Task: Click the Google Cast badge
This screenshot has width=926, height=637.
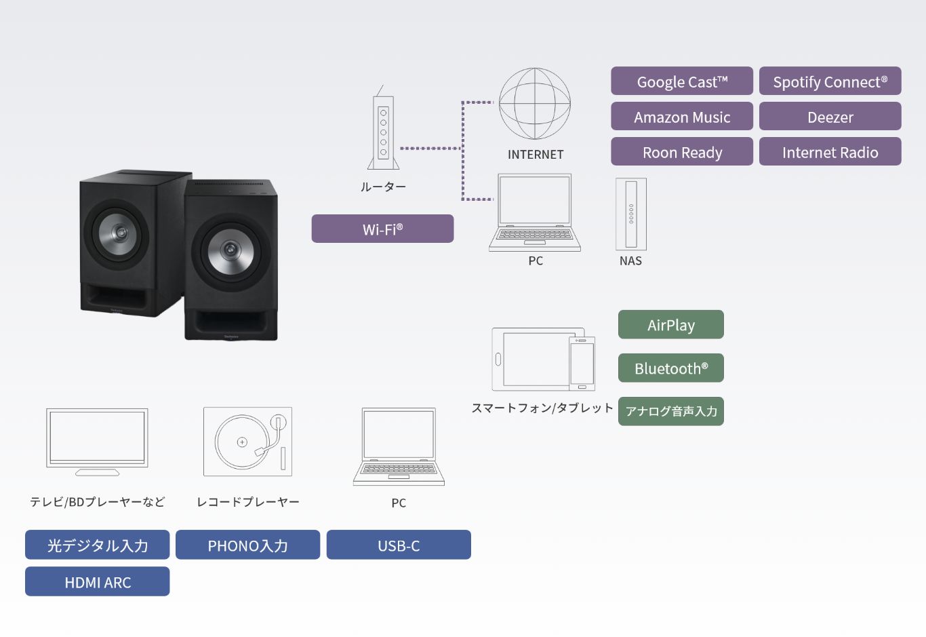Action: tap(682, 81)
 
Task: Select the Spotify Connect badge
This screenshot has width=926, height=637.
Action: tap(830, 81)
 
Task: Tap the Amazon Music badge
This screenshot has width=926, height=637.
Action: tap(682, 116)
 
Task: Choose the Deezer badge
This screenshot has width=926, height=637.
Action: tap(830, 116)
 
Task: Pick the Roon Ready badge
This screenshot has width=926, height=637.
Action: tap(682, 151)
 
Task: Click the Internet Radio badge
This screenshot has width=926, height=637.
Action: tap(830, 151)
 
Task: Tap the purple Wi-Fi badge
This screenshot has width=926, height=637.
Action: tap(382, 229)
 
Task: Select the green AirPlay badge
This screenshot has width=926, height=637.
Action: tap(671, 325)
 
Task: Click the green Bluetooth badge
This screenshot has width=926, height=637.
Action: tap(671, 368)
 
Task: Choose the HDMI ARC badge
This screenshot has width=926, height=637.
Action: tap(97, 581)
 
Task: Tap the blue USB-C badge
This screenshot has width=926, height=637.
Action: tap(399, 545)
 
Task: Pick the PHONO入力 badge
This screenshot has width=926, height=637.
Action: tap(247, 545)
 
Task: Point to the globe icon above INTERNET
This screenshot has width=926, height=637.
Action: tap(534, 103)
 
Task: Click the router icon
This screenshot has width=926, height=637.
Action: tap(383, 128)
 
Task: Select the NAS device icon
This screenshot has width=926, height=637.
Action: tap(631, 214)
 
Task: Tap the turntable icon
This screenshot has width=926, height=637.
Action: tap(247, 442)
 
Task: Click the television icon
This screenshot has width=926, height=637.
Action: tap(97, 442)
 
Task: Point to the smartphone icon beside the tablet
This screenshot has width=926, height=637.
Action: tap(582, 364)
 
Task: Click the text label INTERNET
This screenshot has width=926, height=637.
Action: tap(536, 155)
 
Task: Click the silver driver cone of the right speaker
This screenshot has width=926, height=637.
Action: tap(230, 250)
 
